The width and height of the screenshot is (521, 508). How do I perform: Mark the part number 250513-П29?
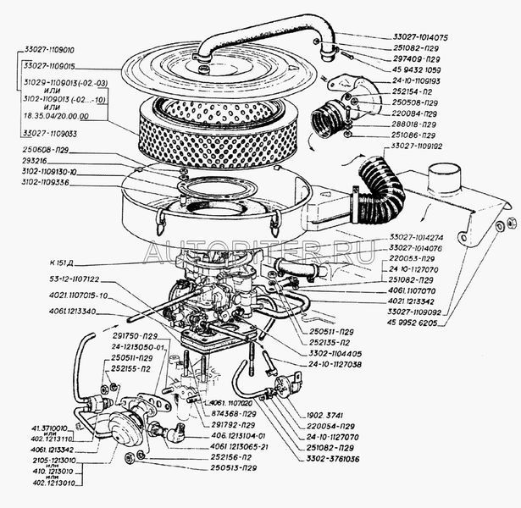coord(227,467)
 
